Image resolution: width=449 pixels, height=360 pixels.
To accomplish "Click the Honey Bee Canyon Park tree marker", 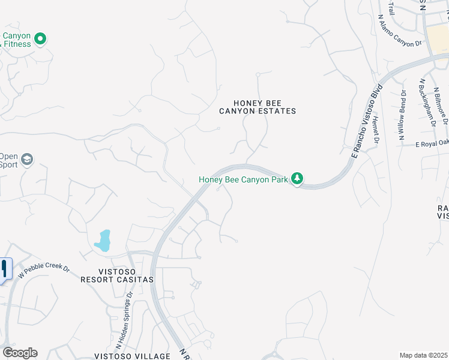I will point(297,178).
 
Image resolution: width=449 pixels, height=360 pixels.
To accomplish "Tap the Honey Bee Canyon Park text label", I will point(243,179).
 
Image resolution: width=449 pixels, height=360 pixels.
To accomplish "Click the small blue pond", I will point(103,241).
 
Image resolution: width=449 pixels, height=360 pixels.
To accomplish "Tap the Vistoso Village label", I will point(131,356).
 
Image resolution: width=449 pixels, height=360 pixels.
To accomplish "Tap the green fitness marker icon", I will point(40,40).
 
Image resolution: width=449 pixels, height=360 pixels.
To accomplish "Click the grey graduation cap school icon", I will point(26,160).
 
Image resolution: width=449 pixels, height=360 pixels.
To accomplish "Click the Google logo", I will point(20,353).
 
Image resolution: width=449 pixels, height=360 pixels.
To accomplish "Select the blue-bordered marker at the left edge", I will point(5,268).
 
